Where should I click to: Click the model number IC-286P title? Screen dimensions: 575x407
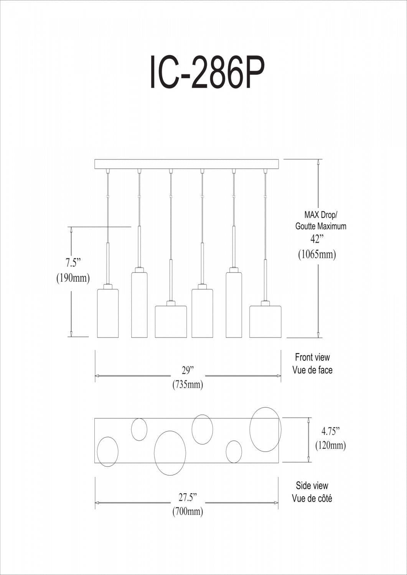(207, 72)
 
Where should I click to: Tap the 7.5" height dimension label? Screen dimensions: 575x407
(73, 263)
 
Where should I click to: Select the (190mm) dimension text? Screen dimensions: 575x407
(73, 278)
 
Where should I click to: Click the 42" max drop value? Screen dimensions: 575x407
(317, 239)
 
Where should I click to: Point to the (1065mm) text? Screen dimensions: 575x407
(317, 254)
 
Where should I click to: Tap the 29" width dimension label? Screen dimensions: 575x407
(188, 370)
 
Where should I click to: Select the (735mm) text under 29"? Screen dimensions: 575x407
(188, 384)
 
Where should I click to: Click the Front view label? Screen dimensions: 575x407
(312, 357)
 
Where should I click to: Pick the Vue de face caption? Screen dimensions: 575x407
(312, 370)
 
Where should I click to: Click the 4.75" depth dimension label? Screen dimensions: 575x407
(331, 431)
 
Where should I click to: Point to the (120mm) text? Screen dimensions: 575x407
(331, 445)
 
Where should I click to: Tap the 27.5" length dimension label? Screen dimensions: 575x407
(188, 497)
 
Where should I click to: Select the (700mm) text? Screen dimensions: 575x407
(188, 511)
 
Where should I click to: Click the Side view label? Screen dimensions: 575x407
(312, 486)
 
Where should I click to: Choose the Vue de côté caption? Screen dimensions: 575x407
(312, 498)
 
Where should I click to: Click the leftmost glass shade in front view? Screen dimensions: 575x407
(107, 313)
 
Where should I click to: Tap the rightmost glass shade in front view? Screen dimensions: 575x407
(265, 322)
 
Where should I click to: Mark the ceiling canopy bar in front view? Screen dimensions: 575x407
(188, 164)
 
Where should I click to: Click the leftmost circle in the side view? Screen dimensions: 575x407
(108, 452)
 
